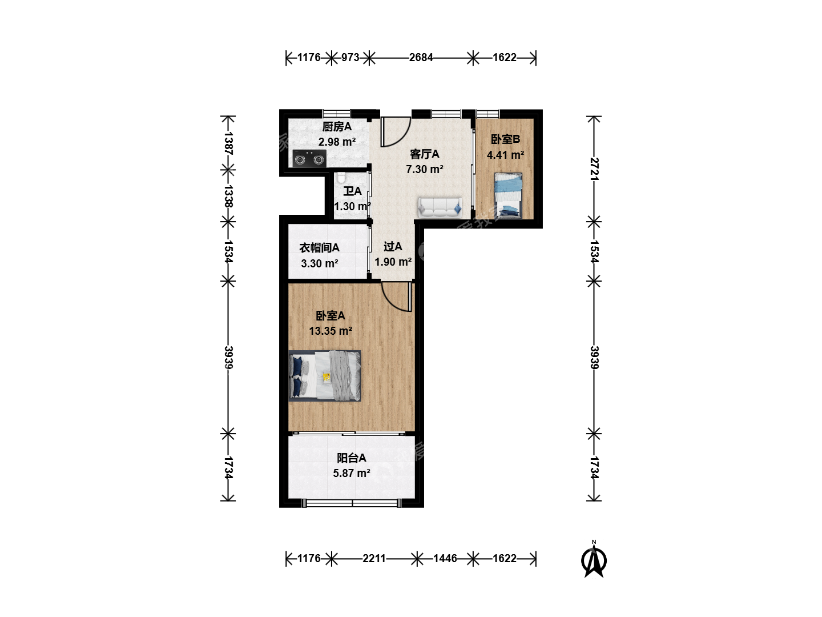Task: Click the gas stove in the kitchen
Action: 309,158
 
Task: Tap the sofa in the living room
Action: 440,207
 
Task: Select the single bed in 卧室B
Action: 508,194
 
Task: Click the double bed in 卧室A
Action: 325,375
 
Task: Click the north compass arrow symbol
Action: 594,560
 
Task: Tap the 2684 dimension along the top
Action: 421,57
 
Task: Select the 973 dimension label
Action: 350,57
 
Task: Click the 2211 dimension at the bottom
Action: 374,559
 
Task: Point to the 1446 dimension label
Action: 445,559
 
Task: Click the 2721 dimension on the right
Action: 594,169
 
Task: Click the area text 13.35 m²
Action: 331,331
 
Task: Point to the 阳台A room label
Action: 351,458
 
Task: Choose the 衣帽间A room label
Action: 319,247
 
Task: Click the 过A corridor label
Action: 393,246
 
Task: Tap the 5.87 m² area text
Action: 352,473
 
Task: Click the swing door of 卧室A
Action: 397,297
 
